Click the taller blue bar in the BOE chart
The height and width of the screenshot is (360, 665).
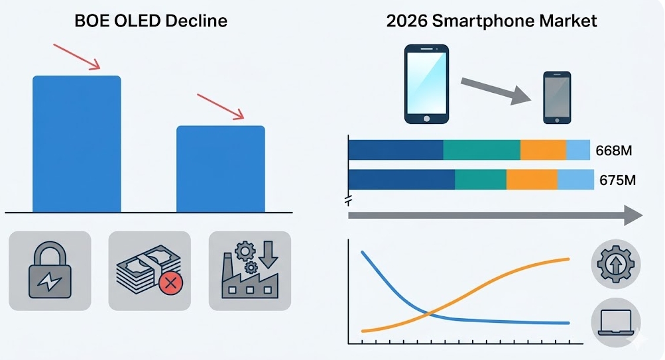77,144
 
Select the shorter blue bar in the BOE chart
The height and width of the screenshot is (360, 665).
221,169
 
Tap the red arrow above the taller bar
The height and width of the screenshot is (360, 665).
77,56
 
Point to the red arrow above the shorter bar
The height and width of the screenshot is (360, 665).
221,107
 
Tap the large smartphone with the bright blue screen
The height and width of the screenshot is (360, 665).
426,84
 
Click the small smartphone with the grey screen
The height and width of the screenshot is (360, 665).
557,97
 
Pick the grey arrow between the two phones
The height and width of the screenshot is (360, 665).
496,91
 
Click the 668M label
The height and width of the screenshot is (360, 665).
614,150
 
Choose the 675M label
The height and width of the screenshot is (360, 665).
617,180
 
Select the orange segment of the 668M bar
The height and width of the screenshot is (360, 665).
543,150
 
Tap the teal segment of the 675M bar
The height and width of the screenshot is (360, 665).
481,180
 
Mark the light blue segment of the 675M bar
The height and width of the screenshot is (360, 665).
575,180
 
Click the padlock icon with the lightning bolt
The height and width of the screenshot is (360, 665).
50,270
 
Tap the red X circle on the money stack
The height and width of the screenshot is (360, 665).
171,283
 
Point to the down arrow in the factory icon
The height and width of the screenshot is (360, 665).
268,255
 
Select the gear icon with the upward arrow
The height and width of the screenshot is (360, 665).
616,264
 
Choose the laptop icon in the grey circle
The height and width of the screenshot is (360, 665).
616,323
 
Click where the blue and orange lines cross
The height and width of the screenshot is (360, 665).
429,314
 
